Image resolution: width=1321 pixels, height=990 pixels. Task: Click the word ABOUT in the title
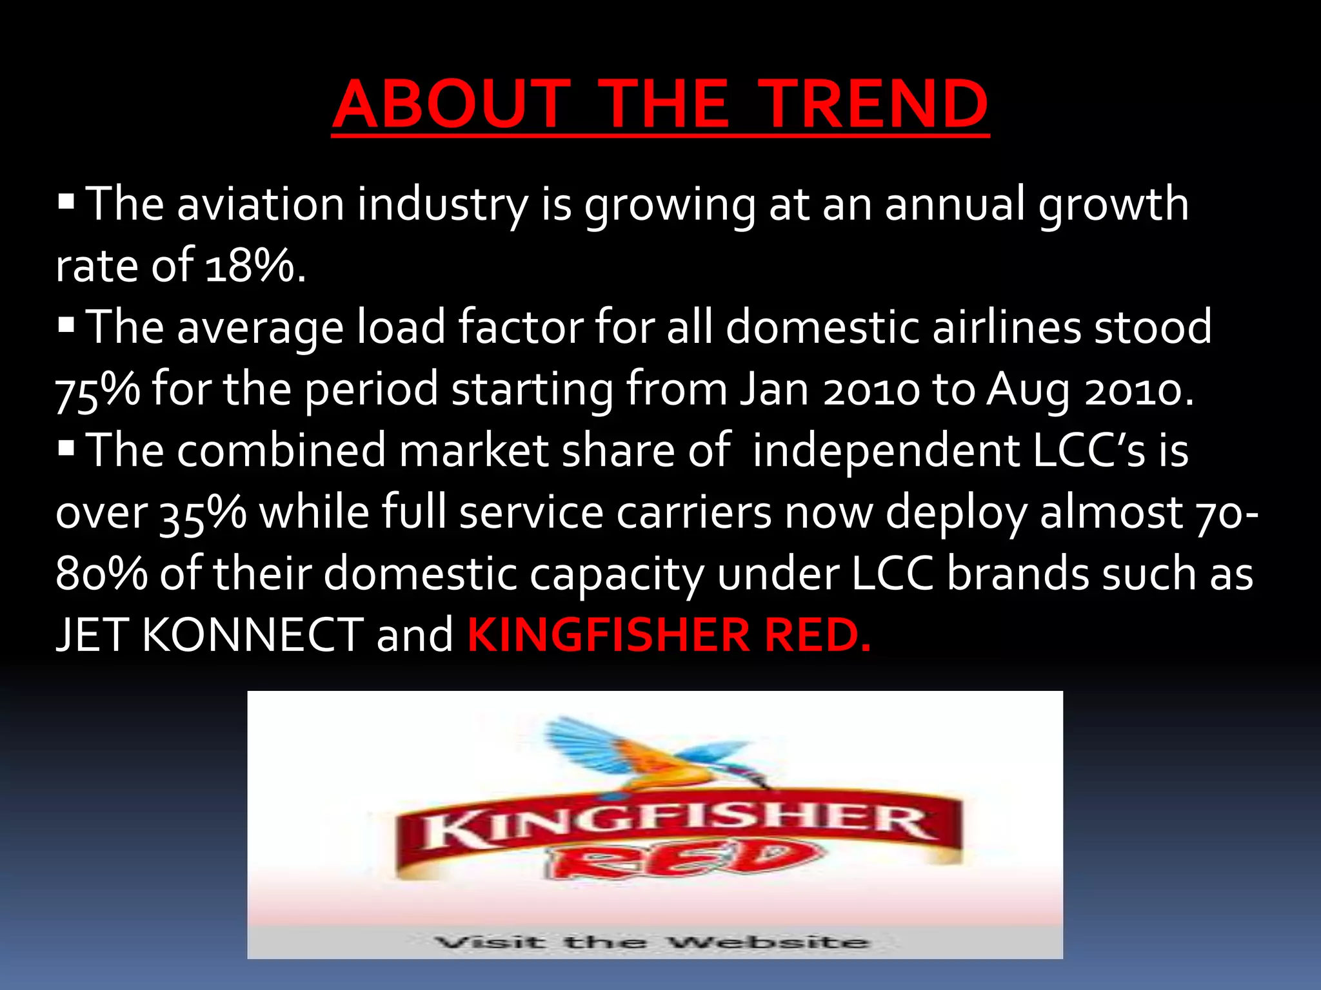tap(452, 104)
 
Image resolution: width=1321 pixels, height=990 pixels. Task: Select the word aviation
tap(261, 204)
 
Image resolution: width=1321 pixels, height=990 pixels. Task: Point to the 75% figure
tap(97, 390)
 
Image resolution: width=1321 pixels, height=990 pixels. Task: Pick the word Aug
tap(1028, 390)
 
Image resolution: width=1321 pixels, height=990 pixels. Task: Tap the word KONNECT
tap(252, 635)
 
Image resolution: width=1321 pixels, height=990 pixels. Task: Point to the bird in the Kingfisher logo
tap(651, 754)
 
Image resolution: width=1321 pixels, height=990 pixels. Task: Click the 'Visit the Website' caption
tap(651, 942)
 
